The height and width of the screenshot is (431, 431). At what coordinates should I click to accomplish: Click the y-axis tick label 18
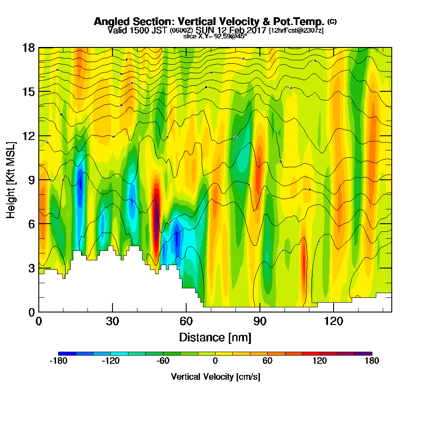coord(28,47)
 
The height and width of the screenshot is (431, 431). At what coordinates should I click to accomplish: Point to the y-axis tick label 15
coord(28,92)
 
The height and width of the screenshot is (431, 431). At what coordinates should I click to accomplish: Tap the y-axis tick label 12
coord(28,136)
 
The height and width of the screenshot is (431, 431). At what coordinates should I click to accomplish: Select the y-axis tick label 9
coord(32,180)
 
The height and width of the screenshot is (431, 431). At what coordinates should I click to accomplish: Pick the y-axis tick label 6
coord(32,224)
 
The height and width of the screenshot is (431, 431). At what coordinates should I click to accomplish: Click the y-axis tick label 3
coord(32,268)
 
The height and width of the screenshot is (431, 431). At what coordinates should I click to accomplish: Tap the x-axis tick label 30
coord(112,322)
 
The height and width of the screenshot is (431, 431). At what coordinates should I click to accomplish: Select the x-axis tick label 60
coord(186,322)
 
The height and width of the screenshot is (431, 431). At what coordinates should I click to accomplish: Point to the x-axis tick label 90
coord(260,322)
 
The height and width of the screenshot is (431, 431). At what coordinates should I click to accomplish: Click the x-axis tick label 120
coord(334,322)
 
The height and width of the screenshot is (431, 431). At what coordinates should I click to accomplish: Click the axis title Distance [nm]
coord(215,337)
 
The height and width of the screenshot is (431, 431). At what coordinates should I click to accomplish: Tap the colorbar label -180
coord(58,361)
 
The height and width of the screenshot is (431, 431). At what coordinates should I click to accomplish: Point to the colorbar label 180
coord(372,361)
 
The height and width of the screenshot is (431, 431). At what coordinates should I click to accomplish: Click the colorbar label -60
coord(163,361)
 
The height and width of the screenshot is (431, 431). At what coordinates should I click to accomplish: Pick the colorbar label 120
coord(320,361)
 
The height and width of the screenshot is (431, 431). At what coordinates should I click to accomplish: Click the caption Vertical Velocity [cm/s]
coord(215,377)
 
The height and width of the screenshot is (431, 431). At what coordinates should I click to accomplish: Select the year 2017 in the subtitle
coord(256,31)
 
